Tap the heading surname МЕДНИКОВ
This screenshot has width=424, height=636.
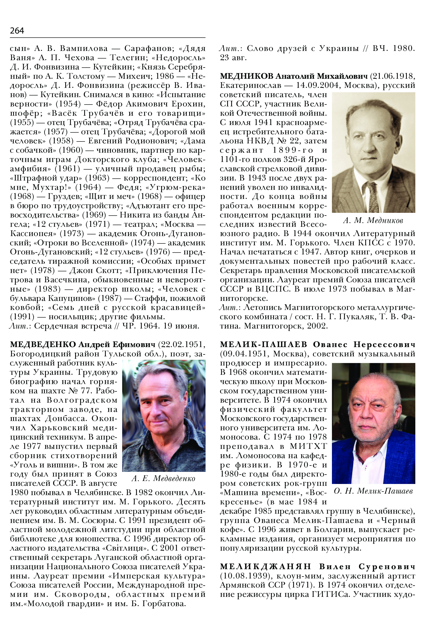tap(246, 76)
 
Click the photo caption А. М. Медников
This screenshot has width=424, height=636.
tap(373, 221)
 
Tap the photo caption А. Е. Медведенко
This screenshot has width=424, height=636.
tap(163, 478)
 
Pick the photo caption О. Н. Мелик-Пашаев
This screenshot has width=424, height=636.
tap(373, 491)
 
